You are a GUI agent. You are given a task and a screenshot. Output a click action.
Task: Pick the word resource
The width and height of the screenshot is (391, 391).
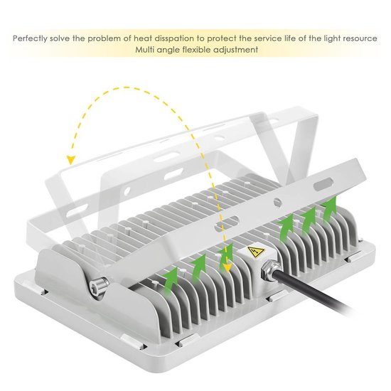(x=359, y=38)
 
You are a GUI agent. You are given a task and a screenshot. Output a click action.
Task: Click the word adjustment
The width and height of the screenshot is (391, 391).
(x=236, y=50)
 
